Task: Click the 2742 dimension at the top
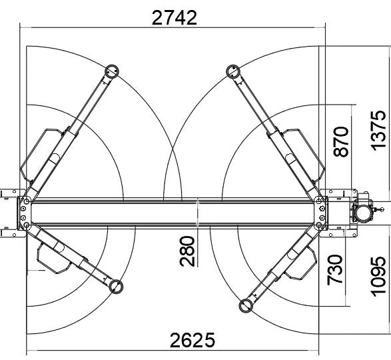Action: tap(175, 17)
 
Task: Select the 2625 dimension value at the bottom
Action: tap(193, 341)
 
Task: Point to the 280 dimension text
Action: tap(189, 251)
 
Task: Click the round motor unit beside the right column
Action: tap(364, 211)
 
